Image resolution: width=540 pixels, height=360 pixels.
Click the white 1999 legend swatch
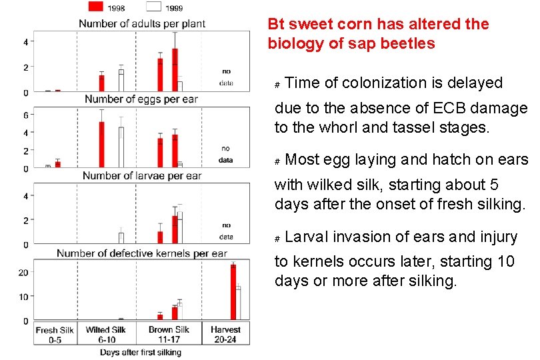[153, 7]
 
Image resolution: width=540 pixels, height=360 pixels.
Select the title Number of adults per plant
[142, 23]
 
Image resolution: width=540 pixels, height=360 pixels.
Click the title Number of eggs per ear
[141, 99]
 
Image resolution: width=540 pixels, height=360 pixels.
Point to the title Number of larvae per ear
[142, 176]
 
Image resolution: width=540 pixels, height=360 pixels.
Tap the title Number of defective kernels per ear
[142, 253]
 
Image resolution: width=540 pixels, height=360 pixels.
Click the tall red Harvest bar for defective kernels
[233, 293]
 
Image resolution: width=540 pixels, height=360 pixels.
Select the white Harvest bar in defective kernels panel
[238, 304]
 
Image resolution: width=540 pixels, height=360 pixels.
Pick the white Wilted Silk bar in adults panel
[121, 81]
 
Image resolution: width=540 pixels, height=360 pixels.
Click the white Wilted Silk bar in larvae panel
[121, 238]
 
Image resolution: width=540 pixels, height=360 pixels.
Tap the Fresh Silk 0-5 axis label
[55, 335]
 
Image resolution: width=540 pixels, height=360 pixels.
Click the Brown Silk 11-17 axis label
[169, 335]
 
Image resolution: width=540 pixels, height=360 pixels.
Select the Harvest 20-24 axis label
[225, 335]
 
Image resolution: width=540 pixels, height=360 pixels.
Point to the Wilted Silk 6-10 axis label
[106, 335]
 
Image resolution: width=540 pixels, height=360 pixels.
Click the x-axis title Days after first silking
[141, 352]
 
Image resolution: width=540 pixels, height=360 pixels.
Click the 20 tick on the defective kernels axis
[23, 272]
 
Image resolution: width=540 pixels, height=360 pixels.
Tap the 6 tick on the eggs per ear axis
[25, 115]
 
